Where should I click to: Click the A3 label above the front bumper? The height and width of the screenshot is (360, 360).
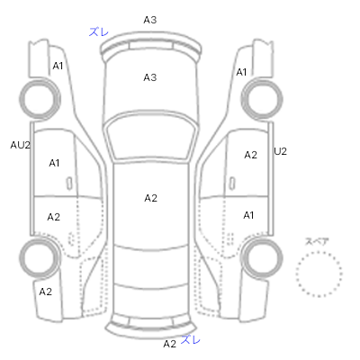(150, 20)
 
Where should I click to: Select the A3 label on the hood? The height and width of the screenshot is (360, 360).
(150, 77)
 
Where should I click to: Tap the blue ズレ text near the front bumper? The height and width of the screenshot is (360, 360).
(99, 31)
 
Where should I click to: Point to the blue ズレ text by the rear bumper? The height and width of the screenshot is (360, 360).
(191, 340)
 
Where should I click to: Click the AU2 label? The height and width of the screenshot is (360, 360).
(21, 145)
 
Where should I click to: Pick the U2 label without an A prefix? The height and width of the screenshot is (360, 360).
(281, 151)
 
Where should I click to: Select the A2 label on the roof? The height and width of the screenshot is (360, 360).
(150, 198)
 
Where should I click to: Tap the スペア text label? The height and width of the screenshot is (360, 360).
(317, 242)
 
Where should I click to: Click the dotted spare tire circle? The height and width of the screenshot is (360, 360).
(319, 252)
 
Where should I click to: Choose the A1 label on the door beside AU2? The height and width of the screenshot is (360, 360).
(54, 163)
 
